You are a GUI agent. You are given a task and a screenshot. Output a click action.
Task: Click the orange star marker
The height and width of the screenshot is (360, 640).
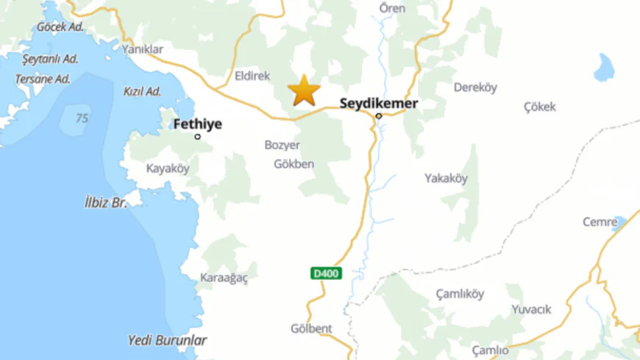(304, 91)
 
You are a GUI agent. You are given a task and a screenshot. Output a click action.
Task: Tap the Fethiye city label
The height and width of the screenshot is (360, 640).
(197, 124)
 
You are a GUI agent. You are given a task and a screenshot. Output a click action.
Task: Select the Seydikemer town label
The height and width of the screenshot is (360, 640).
(378, 103)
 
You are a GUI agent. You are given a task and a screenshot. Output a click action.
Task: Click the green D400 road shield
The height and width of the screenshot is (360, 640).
(325, 274)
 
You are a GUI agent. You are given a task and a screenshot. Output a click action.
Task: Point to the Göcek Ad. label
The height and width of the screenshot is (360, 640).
(60, 27)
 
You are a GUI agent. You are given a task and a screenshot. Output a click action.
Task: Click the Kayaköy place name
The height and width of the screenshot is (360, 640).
(168, 169)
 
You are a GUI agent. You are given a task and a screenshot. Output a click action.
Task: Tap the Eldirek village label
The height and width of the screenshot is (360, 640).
(252, 76)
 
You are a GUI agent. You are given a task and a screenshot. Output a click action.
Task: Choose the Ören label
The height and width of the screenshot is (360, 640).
(392, 8)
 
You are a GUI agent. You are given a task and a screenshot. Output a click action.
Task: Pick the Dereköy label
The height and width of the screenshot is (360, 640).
(475, 87)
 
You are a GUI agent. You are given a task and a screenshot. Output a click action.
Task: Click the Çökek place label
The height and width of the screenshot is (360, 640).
(539, 107)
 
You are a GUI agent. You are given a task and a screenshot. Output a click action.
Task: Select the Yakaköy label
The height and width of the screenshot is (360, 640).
(446, 178)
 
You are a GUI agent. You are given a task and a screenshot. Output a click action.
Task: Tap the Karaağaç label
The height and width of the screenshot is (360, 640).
(224, 278)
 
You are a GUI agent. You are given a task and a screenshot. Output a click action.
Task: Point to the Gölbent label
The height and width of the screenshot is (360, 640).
(311, 328)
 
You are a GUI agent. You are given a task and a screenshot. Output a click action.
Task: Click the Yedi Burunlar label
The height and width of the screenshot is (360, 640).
(167, 340)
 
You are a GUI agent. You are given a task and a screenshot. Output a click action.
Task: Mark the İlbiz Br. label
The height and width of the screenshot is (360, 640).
(106, 203)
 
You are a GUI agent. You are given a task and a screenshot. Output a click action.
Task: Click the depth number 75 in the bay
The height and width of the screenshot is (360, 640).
(82, 118)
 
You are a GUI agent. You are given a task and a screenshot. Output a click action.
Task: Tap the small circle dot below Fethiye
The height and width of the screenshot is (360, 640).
(197, 137)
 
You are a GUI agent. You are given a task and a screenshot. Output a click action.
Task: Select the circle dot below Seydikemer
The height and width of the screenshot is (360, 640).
(379, 116)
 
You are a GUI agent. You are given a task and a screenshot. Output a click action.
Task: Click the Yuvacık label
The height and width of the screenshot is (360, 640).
(531, 309)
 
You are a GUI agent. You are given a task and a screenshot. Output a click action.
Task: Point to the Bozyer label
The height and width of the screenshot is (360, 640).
(282, 145)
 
